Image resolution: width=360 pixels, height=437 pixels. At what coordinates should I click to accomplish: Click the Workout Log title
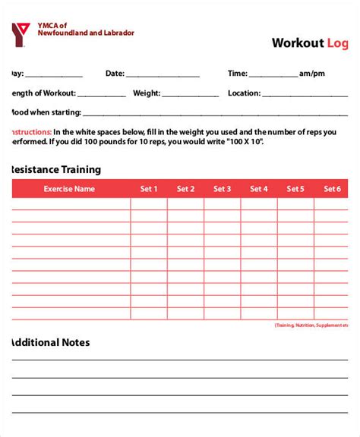(310, 43)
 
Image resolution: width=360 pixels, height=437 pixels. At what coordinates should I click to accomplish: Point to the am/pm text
(313, 74)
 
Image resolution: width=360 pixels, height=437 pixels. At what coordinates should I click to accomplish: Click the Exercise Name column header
(69, 189)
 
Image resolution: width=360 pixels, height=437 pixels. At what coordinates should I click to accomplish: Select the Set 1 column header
(149, 189)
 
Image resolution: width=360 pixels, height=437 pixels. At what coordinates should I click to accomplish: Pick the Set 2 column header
(185, 189)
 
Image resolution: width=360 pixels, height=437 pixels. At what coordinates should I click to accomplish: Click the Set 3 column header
(222, 189)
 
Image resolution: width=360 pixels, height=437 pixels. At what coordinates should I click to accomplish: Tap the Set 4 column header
(259, 189)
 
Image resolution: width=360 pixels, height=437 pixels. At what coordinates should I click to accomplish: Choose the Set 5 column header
(295, 189)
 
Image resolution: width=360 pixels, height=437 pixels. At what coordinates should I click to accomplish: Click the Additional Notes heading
(50, 342)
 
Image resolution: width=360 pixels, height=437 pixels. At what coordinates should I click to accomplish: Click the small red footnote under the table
(311, 325)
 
